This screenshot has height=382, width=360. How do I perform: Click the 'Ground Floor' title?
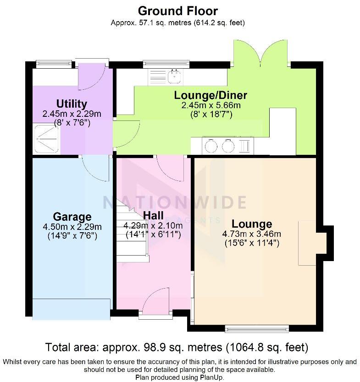pos(178,11)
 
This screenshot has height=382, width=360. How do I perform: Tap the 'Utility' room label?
pos(72,104)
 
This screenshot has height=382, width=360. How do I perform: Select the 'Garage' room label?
pos(72,217)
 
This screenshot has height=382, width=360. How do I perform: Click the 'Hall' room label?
pos(153,215)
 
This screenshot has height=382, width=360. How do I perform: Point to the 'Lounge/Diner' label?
pos(210,95)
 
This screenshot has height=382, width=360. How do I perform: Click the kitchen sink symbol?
pos(174,77)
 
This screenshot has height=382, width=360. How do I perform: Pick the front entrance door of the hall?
pos(156,302)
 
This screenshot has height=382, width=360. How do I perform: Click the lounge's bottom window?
pos(257,327)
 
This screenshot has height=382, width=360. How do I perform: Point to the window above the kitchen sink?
pos(166,63)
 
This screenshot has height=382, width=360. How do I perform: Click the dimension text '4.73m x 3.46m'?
pos(251,234)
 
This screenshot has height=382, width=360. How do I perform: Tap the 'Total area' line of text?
pos(177,347)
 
